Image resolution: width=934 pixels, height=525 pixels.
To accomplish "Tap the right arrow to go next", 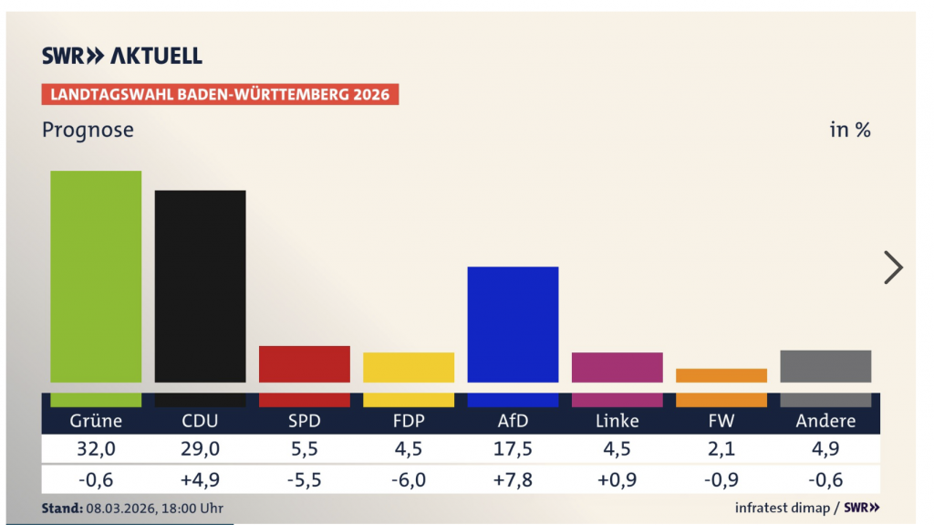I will [x=893, y=267].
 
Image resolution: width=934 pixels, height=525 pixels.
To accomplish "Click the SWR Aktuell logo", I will [x=122, y=56].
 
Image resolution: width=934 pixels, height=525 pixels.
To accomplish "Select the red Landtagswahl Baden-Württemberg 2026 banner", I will [x=220, y=94].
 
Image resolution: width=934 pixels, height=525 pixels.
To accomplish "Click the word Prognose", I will [x=88, y=130].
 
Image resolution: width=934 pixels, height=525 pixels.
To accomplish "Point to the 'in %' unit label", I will [x=849, y=130].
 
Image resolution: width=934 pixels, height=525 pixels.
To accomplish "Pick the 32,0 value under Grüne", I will [x=96, y=449].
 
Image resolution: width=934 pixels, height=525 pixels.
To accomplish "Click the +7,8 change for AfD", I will [x=513, y=479].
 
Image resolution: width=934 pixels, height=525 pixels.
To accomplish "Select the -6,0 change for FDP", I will [x=409, y=479].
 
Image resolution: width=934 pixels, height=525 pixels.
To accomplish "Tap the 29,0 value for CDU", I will [x=200, y=449].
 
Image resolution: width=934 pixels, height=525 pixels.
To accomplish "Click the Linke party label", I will [x=617, y=421].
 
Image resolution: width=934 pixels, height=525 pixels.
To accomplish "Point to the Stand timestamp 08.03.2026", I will [x=132, y=508].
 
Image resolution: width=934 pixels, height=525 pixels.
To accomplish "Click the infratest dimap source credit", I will [x=782, y=508].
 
